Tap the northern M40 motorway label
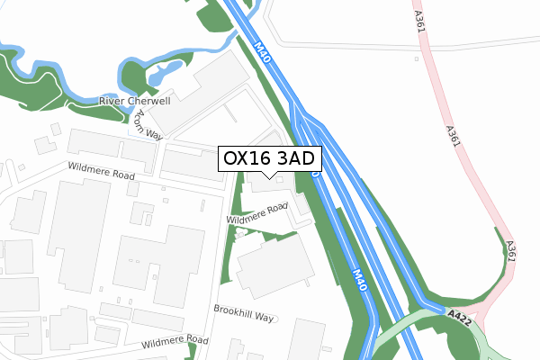point(262,52)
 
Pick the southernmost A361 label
point(511,251)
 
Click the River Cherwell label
point(135,102)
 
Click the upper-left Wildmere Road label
point(100,170)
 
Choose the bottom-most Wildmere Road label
point(174,342)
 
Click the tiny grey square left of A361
point(417,60)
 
